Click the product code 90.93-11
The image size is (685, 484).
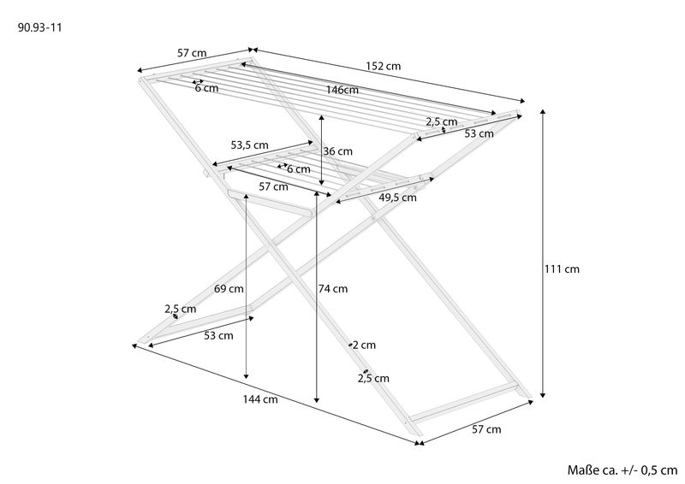point(39,28)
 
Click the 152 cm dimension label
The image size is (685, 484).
point(383,67)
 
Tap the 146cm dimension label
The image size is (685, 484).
point(342,90)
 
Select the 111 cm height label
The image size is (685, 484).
point(562,269)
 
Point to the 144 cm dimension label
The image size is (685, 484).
point(260,399)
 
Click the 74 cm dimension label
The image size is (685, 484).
point(333,289)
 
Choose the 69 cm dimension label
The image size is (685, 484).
point(229,289)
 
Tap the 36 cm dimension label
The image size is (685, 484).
point(337,151)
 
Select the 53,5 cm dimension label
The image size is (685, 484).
point(249,145)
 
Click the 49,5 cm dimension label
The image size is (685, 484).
point(397,198)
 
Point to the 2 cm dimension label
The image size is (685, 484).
point(364,345)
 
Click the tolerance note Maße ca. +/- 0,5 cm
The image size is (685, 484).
point(622,470)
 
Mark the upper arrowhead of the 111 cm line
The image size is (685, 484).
point(543,112)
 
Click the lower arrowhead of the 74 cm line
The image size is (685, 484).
point(317,398)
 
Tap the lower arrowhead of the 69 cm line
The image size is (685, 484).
point(247,375)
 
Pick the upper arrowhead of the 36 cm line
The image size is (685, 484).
point(322,118)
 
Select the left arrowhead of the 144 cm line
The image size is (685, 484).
point(135,345)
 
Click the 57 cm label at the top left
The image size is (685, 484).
point(192,53)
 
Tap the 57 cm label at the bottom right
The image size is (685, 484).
point(486,429)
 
